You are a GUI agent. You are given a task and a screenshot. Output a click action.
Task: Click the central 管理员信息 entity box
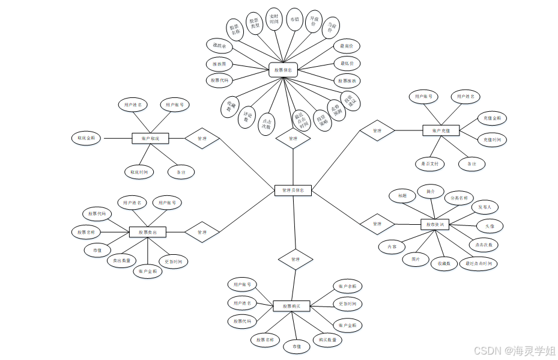(293, 191)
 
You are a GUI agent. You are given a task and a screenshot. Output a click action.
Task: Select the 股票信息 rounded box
(284, 70)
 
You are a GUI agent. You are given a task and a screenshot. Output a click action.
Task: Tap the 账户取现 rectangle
(150, 138)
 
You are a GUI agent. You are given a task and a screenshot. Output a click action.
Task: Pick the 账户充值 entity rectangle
(441, 130)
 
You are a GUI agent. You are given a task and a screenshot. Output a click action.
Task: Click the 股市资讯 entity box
(434, 224)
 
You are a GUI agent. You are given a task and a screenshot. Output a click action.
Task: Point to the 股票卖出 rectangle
(148, 232)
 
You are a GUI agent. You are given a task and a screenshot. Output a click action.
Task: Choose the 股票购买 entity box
(291, 306)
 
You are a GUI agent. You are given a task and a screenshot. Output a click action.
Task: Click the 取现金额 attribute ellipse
(86, 138)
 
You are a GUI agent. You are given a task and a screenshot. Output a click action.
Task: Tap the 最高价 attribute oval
(347, 46)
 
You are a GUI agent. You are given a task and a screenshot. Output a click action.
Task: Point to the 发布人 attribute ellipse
(485, 207)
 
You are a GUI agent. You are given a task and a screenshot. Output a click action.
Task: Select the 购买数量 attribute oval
(327, 340)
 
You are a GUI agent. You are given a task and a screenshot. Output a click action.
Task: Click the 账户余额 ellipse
(348, 287)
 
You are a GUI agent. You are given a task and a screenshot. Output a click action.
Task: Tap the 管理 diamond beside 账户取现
(202, 138)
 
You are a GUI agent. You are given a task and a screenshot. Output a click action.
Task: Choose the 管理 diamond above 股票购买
(296, 260)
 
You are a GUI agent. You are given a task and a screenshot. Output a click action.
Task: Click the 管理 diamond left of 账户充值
(377, 130)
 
